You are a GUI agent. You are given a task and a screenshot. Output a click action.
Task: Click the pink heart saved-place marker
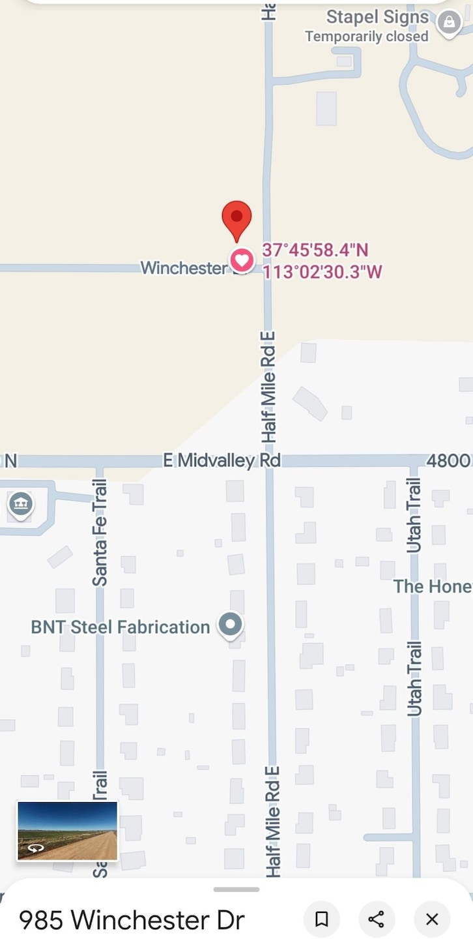point(242,261)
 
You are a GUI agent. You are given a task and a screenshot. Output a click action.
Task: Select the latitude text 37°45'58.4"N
point(315,250)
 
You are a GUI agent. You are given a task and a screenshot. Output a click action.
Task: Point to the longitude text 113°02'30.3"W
point(322,271)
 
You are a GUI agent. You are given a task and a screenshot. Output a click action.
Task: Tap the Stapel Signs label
point(377,17)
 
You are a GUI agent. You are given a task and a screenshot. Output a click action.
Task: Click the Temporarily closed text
point(366,37)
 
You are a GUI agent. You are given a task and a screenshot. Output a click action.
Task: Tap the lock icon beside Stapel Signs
point(449,23)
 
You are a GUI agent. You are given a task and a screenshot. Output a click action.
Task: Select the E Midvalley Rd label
point(222,460)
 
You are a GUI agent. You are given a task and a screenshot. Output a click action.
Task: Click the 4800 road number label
point(449,460)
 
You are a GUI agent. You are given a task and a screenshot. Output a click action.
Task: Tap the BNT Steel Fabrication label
point(121,627)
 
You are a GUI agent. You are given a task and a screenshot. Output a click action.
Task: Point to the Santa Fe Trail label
point(100,533)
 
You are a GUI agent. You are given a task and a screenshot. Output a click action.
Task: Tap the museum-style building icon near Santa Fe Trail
point(21,504)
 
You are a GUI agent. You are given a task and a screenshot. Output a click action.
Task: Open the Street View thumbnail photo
point(67,831)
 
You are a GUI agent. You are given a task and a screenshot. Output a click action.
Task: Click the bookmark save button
point(321,919)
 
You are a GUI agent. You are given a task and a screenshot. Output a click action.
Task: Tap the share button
point(377,919)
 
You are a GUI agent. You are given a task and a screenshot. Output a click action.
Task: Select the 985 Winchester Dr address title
point(132,920)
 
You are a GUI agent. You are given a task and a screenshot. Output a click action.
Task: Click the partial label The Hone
point(432,586)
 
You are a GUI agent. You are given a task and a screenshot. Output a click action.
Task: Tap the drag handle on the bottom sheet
point(236,889)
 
